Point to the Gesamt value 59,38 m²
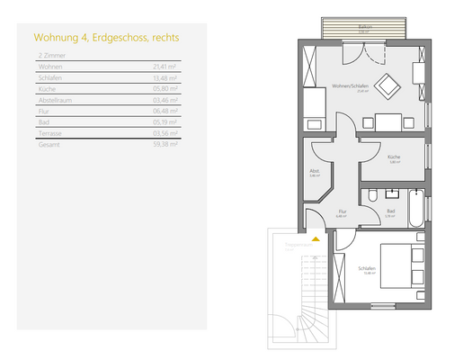[165, 143]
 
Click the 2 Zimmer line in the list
[50, 56]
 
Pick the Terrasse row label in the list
[50, 132]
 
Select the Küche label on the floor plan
[394, 157]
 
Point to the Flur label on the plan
[341, 212]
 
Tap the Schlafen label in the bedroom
[366, 268]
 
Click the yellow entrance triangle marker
[314, 239]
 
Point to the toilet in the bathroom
[372, 194]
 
